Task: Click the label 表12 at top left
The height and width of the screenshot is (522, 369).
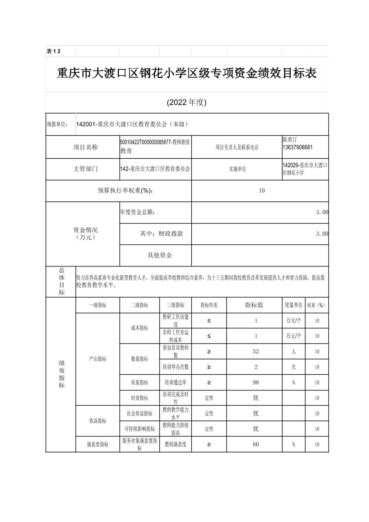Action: click(x=53, y=52)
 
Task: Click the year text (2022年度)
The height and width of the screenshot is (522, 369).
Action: click(x=187, y=102)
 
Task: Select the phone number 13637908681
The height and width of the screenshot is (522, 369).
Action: click(x=298, y=147)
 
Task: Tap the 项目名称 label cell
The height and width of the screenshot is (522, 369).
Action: click(x=85, y=147)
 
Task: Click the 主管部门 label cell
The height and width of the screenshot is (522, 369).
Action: click(x=85, y=169)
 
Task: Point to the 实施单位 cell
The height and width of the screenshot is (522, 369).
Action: click(x=237, y=169)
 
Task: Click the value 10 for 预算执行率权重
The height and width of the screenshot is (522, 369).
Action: click(x=261, y=191)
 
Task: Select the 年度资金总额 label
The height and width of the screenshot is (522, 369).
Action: click(x=137, y=212)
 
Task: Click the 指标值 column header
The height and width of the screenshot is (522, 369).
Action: click(x=254, y=305)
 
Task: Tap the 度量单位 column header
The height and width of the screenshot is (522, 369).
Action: click(x=293, y=305)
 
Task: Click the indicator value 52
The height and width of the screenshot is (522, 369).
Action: click(x=256, y=351)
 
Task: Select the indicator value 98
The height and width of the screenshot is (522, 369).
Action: click(x=256, y=382)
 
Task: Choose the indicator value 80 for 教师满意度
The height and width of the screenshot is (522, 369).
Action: click(x=256, y=444)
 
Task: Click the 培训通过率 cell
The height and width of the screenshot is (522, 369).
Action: click(x=175, y=382)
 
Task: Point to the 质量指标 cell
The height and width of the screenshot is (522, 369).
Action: click(x=139, y=382)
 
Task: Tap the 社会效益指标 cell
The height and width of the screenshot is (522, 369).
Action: click(x=139, y=413)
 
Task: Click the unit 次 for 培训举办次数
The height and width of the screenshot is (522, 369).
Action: click(x=293, y=367)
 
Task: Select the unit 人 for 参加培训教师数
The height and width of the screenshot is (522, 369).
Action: click(x=293, y=351)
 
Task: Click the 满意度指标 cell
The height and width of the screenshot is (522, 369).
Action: click(x=98, y=444)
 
